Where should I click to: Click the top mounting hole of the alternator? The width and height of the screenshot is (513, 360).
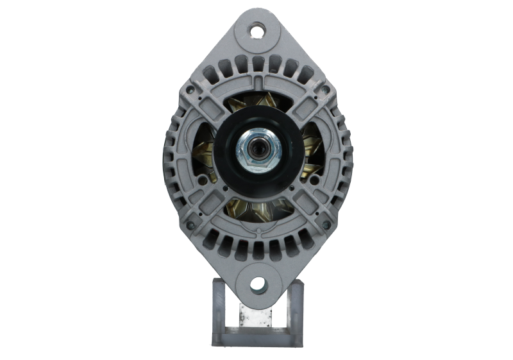pos(257,30)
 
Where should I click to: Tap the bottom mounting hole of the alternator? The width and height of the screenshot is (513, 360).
pos(257,282)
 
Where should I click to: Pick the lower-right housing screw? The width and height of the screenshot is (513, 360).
pos(326,225)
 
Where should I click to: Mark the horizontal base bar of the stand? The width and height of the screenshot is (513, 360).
pos(256,332)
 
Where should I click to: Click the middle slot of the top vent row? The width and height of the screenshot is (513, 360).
pos(257,63)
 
